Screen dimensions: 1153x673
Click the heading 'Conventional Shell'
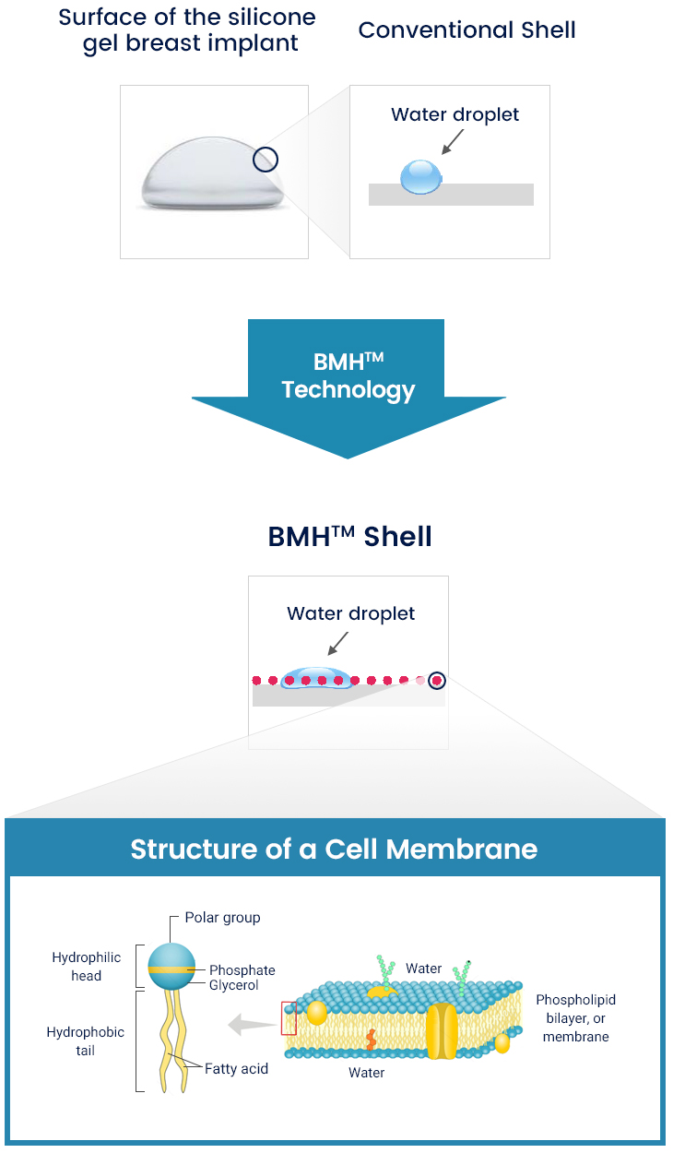[466, 30]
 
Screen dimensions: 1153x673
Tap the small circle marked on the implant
[266, 160]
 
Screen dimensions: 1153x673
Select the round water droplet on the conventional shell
[420, 177]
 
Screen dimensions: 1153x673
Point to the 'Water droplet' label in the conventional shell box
[455, 114]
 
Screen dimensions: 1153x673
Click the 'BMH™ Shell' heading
[349, 536]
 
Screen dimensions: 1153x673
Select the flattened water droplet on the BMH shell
[317, 679]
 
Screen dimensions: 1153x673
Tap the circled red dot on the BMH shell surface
[437, 681]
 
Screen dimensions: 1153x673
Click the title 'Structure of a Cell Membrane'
[334, 849]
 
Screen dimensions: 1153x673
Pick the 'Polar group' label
[222, 917]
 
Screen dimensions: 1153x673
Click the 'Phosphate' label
[242, 970]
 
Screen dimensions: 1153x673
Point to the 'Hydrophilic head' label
[86, 967]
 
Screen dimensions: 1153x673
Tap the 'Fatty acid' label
[236, 1068]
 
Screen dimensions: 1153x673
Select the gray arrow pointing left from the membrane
[249, 1022]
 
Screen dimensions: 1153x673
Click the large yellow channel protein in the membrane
[442, 1031]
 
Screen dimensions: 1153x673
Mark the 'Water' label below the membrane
[366, 1073]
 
